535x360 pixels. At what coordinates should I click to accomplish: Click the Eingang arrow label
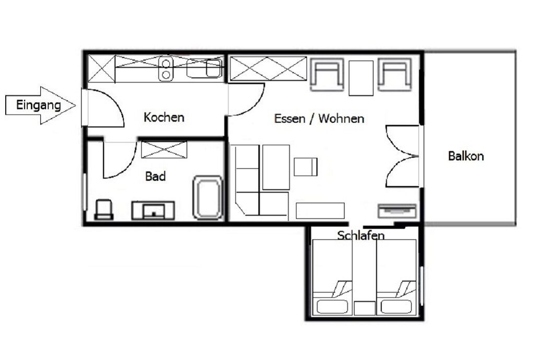click(39, 104)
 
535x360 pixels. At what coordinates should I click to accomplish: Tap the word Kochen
click(164, 118)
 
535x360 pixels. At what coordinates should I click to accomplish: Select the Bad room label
click(155, 177)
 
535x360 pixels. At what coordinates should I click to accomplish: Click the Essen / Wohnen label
click(319, 119)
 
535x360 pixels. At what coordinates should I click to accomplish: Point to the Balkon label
click(466, 156)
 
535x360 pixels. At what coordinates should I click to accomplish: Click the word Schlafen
click(360, 235)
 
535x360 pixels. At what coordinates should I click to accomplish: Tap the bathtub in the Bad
click(207, 197)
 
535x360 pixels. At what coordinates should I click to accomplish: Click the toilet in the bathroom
click(103, 209)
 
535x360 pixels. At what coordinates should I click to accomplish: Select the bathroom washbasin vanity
click(153, 210)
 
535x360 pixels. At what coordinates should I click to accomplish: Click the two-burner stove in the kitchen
click(166, 69)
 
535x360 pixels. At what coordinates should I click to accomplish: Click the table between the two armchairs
click(361, 78)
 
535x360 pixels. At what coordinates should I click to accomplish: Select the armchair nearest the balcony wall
click(394, 75)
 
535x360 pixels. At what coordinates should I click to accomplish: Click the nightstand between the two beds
click(364, 308)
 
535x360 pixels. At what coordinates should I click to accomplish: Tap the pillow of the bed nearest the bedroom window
click(396, 307)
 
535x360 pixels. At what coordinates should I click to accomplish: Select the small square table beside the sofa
click(305, 167)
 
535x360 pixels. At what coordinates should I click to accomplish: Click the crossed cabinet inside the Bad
click(164, 150)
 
